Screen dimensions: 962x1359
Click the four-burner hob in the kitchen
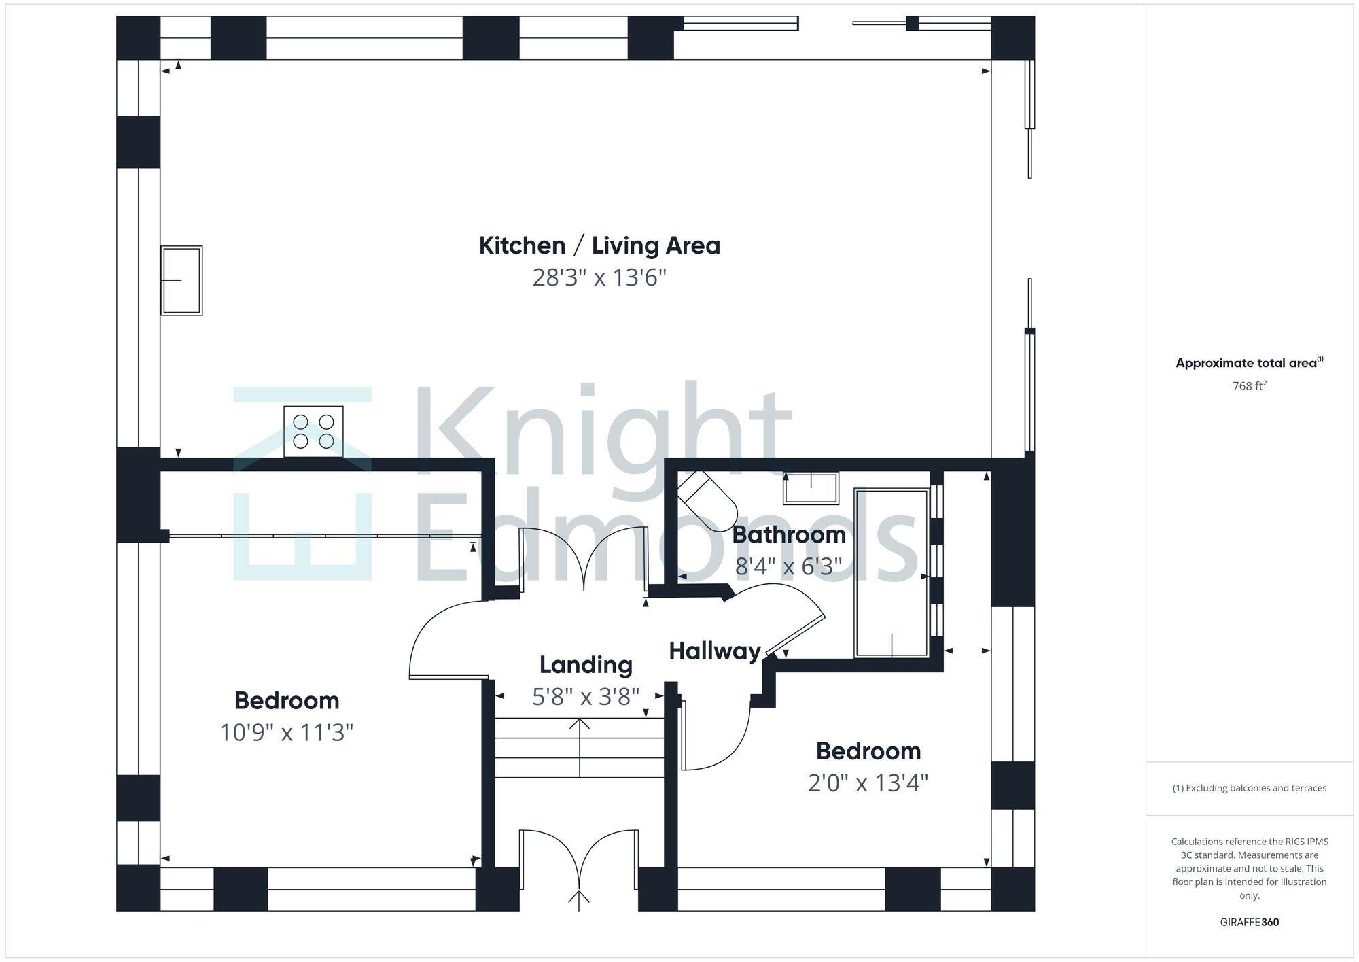pyautogui.click(x=313, y=432)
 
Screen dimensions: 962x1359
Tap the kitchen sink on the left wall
pyautogui.click(x=181, y=280)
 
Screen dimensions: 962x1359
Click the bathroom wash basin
pyautogui.click(x=811, y=487)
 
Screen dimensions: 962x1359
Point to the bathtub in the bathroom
pyautogui.click(x=892, y=573)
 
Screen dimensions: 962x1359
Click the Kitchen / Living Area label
pyautogui.click(x=599, y=245)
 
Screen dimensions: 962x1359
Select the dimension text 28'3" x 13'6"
pyautogui.click(x=599, y=278)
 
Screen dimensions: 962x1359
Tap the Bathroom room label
pyautogui.click(x=788, y=534)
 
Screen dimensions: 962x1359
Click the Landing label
pyautogui.click(x=586, y=664)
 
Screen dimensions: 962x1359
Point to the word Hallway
pyautogui.click(x=715, y=651)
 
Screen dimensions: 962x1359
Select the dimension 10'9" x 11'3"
pyautogui.click(x=286, y=733)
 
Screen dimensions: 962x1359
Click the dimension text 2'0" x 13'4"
pyautogui.click(x=868, y=783)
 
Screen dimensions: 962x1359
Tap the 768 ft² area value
pyautogui.click(x=1249, y=386)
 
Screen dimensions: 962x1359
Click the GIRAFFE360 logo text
pyautogui.click(x=1249, y=923)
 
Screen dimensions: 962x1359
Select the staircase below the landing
pyautogui.click(x=579, y=748)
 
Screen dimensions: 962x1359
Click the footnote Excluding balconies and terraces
pyautogui.click(x=1249, y=789)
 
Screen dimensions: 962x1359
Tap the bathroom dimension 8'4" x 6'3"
pyautogui.click(x=788, y=566)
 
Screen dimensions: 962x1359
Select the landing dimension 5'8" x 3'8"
pyautogui.click(x=586, y=696)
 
